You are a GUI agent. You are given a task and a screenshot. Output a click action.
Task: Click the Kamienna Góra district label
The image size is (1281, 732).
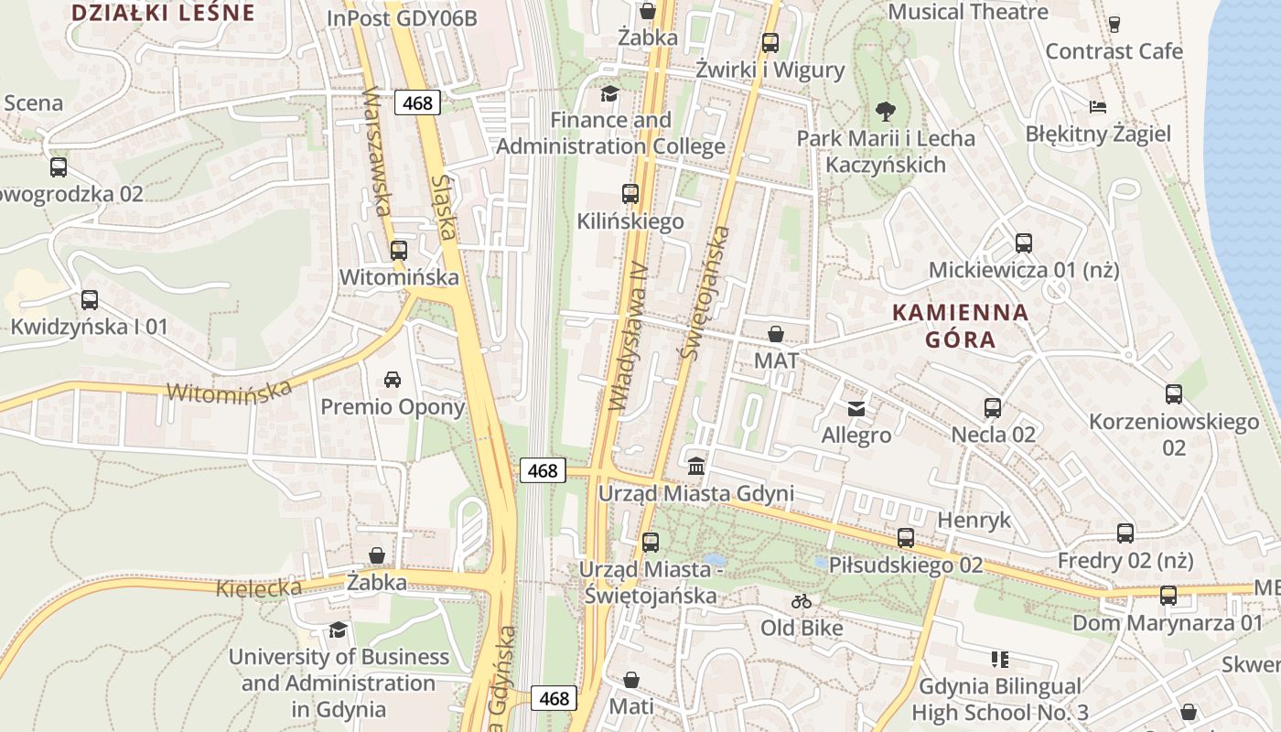960,326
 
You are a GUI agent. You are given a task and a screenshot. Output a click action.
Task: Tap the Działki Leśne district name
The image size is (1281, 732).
162,13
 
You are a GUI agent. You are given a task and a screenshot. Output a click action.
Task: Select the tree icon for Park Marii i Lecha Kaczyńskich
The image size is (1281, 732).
885,112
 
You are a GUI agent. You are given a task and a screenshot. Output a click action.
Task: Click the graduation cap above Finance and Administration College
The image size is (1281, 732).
609,93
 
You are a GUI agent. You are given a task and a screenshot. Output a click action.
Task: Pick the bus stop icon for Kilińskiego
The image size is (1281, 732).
630,194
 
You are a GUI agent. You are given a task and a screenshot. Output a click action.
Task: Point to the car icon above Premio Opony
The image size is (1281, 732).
393,380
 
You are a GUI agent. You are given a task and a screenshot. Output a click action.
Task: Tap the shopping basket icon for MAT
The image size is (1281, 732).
776,334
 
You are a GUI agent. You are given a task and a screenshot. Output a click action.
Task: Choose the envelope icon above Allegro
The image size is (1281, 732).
856,408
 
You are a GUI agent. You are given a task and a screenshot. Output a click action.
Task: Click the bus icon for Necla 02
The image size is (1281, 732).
993,407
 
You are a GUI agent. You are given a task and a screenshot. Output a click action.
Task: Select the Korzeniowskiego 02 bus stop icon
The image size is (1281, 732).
1174,394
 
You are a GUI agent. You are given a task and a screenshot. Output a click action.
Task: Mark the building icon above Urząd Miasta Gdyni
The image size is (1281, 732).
696,467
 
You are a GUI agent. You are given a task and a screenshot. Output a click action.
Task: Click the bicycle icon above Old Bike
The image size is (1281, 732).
802,601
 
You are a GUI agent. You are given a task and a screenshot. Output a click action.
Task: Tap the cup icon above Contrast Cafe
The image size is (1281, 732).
1114,24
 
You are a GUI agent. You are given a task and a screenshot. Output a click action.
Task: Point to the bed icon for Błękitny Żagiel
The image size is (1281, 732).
1098,107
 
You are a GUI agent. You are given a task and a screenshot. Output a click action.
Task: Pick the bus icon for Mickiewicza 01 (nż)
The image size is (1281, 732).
1024,243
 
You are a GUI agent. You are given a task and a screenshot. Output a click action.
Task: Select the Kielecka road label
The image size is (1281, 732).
259,587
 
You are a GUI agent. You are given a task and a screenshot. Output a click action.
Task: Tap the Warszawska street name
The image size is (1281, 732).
377,151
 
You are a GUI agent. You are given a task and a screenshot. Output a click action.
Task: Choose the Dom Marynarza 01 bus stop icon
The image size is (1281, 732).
1168,596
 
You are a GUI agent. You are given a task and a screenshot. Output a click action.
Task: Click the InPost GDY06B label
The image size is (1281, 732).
402,18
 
